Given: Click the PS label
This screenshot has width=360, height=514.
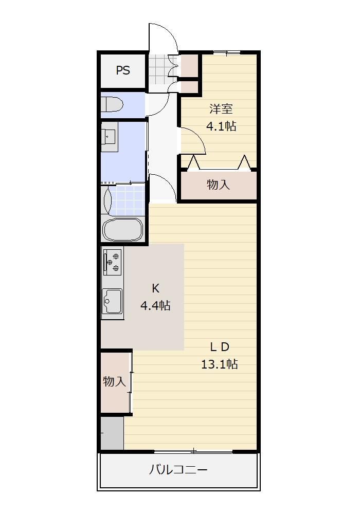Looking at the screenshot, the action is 123,70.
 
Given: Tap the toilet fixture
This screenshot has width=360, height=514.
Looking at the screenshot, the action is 112,104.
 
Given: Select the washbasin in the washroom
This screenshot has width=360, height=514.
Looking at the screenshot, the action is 109,137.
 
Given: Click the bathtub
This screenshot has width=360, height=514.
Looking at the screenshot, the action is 123,229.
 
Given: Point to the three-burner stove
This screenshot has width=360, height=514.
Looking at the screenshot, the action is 113,262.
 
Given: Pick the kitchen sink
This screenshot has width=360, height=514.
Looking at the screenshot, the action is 112,301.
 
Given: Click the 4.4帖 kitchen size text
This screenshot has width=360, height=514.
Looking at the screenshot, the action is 155,305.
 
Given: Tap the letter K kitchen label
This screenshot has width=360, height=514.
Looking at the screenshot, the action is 155,288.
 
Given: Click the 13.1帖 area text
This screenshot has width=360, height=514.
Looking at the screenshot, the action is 220,364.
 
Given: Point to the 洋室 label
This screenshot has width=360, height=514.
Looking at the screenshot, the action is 221,108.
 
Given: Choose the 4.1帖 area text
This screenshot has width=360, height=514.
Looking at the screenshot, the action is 221,126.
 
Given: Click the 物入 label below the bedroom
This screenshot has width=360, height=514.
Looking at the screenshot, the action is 219,185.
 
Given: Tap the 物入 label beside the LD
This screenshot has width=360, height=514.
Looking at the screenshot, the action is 114,381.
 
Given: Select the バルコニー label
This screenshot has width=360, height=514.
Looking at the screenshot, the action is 178,470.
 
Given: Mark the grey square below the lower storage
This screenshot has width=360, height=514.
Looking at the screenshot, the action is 112,433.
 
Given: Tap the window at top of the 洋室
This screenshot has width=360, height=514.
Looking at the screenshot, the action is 227,52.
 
